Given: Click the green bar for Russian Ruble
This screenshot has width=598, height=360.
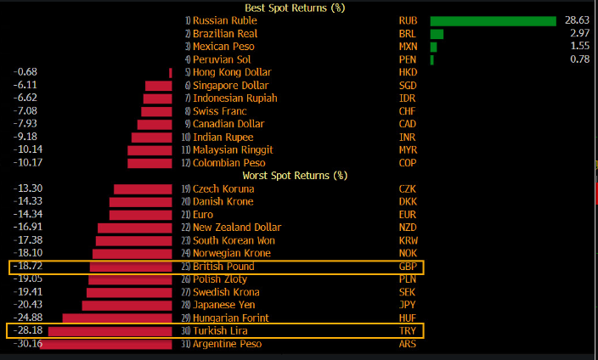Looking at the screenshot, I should (x=494, y=20).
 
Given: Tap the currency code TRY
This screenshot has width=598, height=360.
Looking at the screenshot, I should (x=408, y=331).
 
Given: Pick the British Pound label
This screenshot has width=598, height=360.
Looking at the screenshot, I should (x=223, y=267).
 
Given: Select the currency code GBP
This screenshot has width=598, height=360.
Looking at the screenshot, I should (x=408, y=267).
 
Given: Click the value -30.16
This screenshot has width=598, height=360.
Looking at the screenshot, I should (x=29, y=344).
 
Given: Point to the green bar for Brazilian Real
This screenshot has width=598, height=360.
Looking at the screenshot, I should (x=437, y=33).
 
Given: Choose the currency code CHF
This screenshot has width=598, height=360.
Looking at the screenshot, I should (x=408, y=111).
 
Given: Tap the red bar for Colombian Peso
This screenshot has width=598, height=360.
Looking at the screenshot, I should (x=149, y=163).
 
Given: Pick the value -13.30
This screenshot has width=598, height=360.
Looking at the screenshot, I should (x=29, y=188).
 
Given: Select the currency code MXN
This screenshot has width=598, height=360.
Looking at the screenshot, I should (x=409, y=47).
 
